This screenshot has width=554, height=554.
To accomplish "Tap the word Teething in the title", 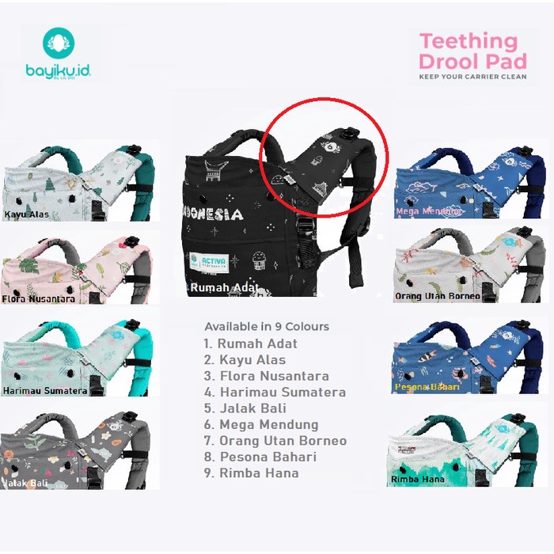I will pos(468,41).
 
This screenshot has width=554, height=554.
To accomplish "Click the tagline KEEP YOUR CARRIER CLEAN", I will pos(473,77).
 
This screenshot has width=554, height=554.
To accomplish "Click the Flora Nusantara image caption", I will pos(40,299).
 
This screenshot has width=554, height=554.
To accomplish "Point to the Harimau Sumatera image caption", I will pos(45,390).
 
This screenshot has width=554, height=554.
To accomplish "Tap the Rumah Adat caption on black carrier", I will pos(224,289).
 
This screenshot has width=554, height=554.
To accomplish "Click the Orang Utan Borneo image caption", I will pos(438,296).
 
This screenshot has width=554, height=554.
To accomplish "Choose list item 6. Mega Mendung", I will pos(261,424).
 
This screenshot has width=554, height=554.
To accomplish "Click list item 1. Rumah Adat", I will pos(251,343).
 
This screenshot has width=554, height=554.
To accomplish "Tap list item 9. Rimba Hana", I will pos(252,473).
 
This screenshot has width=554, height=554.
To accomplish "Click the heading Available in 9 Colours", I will pos(267,326).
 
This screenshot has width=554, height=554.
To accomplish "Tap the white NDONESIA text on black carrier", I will pos(217,214).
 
